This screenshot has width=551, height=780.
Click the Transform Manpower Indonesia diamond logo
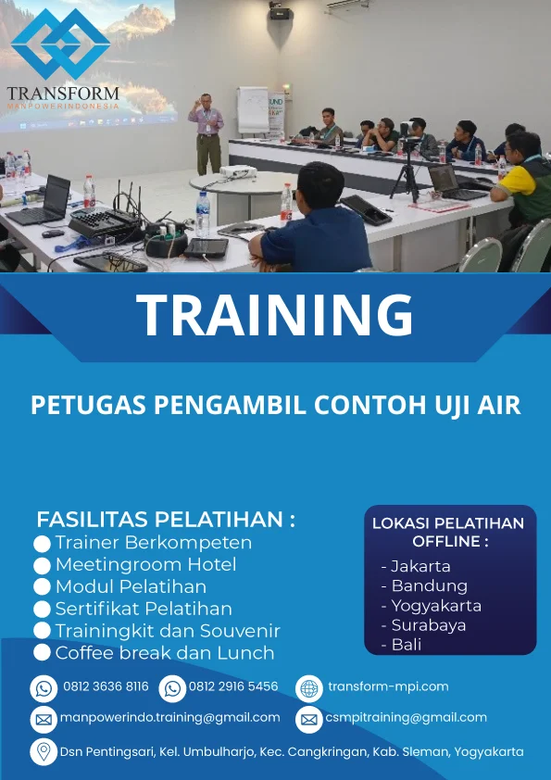pyautogui.click(x=62, y=44)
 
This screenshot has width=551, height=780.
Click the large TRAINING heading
pyautogui.click(x=275, y=315)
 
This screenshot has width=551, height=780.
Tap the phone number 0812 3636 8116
pyautogui.click(x=106, y=687)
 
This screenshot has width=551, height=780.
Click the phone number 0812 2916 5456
pyautogui.click(x=233, y=687)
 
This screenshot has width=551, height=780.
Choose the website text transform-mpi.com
pyautogui.click(x=388, y=686)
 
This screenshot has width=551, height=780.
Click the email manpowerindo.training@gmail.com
pyautogui.click(x=170, y=718)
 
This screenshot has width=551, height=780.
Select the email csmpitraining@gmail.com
pyautogui.click(x=406, y=718)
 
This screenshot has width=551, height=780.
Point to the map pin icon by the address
pyautogui.click(x=44, y=751)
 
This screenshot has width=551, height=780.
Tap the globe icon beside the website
pyautogui.click(x=309, y=688)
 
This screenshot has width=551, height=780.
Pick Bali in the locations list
pyautogui.click(x=406, y=645)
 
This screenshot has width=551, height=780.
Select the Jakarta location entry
pyautogui.click(x=420, y=566)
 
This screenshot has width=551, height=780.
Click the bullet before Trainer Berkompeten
pyautogui.click(x=42, y=543)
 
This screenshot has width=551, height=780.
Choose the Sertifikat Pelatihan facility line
pyautogui.click(x=143, y=609)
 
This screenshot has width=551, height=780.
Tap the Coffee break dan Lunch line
pyautogui.click(x=164, y=653)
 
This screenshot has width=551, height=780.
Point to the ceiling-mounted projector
pyautogui.click(x=282, y=13)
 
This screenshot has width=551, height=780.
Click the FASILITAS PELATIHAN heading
pyautogui.click(x=166, y=519)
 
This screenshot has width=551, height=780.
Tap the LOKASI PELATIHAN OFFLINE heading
pyautogui.click(x=448, y=532)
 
